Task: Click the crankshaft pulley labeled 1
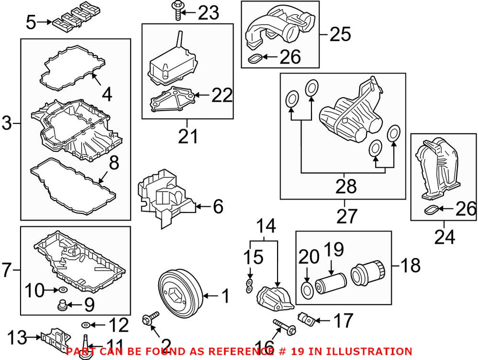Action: click(x=180, y=294)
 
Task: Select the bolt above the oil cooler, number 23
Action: click(x=177, y=11)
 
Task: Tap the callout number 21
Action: click(x=188, y=136)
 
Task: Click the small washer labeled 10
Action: click(x=63, y=289)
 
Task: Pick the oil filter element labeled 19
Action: click(x=330, y=283)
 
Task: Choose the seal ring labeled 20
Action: click(x=307, y=290)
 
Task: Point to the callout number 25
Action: click(x=341, y=34)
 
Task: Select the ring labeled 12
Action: click(x=86, y=325)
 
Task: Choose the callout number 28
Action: click(x=346, y=186)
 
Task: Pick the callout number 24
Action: click(x=445, y=237)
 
